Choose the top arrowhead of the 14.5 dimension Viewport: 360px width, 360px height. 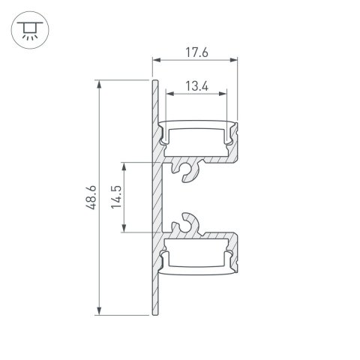[127, 163]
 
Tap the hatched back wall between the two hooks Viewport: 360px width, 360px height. [158, 196]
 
